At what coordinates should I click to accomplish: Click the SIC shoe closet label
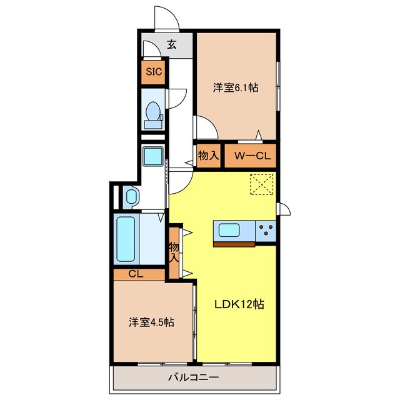[x=154, y=72]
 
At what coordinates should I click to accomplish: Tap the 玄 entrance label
[x=172, y=44]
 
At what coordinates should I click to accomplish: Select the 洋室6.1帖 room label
[x=236, y=87]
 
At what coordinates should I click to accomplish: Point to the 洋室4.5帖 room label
[x=151, y=322]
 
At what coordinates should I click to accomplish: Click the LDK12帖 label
[x=239, y=304]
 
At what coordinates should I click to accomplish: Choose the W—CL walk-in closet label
[x=252, y=156]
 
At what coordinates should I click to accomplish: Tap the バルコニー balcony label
[x=193, y=377]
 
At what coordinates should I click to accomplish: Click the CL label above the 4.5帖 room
[x=136, y=274]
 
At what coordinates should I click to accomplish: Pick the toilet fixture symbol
[x=153, y=115]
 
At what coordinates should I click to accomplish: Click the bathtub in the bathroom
[x=126, y=239]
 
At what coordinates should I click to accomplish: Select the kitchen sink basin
[x=229, y=230]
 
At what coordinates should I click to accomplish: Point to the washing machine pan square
[x=152, y=156]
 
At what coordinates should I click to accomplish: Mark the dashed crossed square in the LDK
[x=262, y=185]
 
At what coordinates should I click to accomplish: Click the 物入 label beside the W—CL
[x=209, y=156]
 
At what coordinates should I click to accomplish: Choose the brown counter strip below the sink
[x=234, y=244]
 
